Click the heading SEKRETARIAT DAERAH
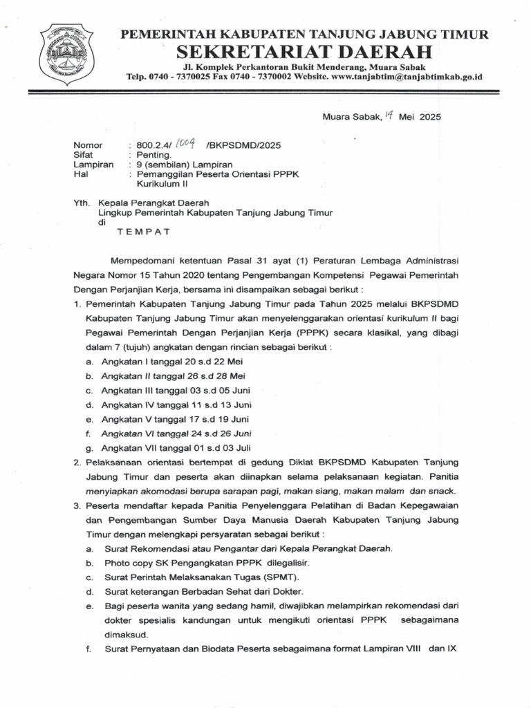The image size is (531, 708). [x=304, y=52]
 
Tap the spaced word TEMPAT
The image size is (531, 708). [x=143, y=232]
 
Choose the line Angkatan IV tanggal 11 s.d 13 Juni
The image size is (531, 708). [x=176, y=404]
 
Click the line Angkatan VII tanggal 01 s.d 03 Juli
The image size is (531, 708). [x=176, y=447]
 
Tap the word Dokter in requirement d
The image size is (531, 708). [x=286, y=592]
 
